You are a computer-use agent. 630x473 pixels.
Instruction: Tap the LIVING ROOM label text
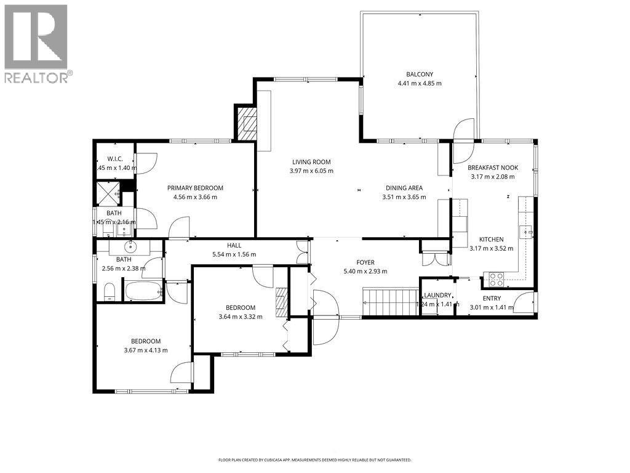pos(311,162)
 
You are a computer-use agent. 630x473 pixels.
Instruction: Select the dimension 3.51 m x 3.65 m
pos(404,198)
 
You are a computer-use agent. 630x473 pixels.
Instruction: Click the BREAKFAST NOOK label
pos(493,168)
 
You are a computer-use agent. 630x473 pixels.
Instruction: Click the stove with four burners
pos(496,279)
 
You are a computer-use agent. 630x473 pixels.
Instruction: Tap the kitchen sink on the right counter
pos(525,232)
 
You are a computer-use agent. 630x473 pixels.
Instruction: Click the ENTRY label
pos(491,299)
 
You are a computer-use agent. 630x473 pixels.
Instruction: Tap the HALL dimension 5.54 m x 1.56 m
pos(234,254)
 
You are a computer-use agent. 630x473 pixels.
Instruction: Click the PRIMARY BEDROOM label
pos(195,188)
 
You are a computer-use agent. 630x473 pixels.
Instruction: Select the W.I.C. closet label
pos(115,159)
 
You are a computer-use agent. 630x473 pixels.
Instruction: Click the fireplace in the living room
pos(246,122)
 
